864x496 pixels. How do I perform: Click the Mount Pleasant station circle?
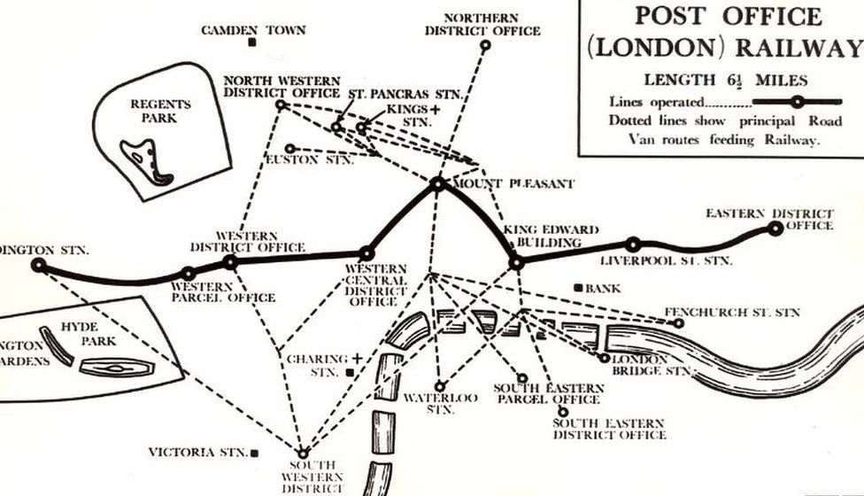coord(437,184)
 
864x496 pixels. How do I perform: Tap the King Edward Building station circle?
coord(516,262)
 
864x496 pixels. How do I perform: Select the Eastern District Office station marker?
coord(775,229)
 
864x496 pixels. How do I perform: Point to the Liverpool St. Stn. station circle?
coord(633,244)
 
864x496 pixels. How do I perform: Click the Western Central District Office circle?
coord(366,254)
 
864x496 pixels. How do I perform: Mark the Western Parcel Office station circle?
coord(189,274)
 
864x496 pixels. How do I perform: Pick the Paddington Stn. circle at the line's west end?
coord(38,264)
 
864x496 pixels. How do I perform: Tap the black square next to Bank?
coord(577,288)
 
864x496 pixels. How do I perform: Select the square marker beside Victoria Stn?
coord(256,453)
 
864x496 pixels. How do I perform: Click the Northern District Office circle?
coord(485,45)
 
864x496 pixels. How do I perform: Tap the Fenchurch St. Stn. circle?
coord(679,323)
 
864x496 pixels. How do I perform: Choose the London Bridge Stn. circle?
coord(604,359)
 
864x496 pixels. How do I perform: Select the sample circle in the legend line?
coord(797,102)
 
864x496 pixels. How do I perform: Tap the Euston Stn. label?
coord(310,159)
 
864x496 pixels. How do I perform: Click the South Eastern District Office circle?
coord(562,411)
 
